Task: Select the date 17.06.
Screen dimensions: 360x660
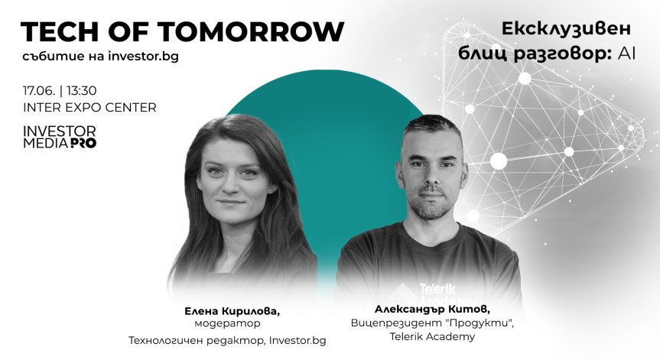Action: [38, 90]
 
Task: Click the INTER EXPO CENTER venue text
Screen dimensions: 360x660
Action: [89, 108]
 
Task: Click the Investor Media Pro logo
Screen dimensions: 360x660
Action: [60, 136]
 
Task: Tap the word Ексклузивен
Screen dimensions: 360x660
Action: [566, 29]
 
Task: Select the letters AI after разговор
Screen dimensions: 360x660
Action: [629, 53]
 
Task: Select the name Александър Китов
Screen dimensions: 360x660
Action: [432, 309]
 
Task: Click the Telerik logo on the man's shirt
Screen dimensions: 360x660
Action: [437, 289]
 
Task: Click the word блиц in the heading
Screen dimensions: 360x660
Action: [485, 53]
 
